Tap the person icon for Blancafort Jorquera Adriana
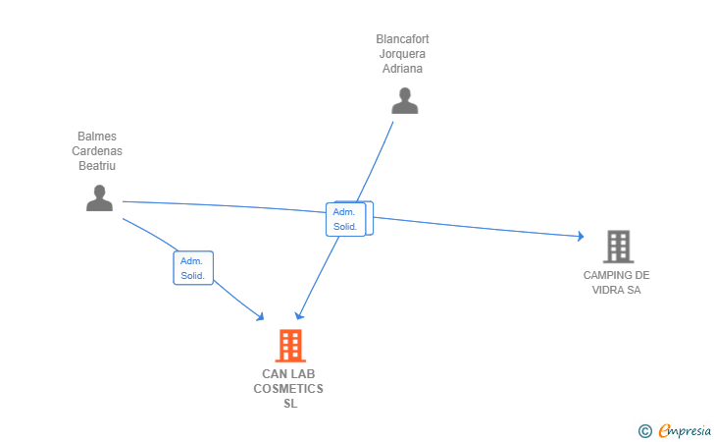coord(404,100)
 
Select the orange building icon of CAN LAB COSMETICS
coord(289,346)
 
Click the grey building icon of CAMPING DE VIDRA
coord(617,247)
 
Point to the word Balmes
coord(97,137)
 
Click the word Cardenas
coord(97,151)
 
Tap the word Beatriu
coord(97,166)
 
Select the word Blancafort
coord(402,39)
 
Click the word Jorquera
coord(402,54)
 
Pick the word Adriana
coord(402,69)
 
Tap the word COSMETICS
coord(288,389)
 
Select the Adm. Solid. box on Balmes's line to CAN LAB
coord(193,268)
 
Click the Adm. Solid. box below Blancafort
coord(346,219)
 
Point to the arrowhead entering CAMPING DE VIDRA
coord(580,237)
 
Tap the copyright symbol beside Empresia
coord(644,430)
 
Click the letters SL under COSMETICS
coord(289,404)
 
